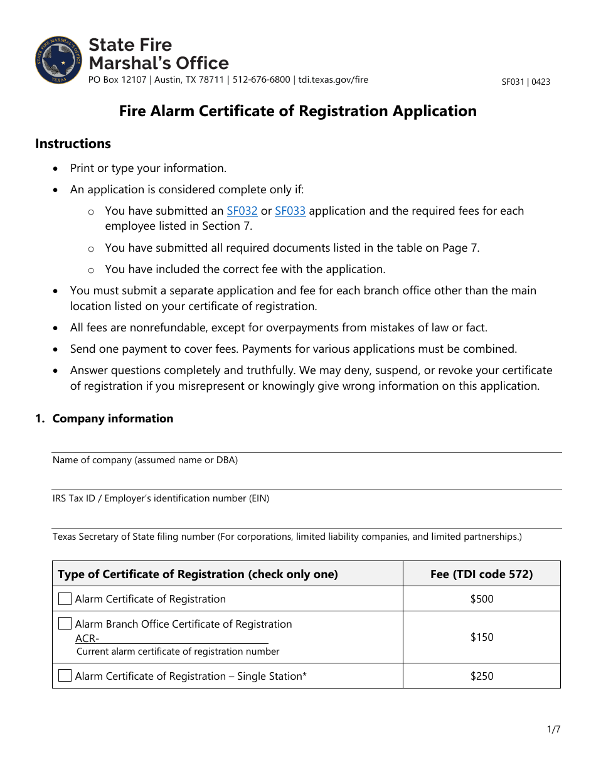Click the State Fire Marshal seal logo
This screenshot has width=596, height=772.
59,60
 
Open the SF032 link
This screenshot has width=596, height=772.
242,211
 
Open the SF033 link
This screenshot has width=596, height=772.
290,211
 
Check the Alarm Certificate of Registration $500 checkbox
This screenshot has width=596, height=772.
65,599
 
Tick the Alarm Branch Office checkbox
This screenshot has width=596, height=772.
65,624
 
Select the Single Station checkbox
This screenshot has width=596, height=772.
65,676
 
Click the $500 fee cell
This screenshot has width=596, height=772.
482,599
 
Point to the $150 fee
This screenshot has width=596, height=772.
482,637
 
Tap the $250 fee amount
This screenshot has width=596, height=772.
482,676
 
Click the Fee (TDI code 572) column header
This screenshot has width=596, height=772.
482,574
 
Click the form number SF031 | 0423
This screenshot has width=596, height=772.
526,82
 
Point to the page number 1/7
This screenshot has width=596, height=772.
553,729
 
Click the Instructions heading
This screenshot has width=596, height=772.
73,144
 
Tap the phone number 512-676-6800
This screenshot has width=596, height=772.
262,80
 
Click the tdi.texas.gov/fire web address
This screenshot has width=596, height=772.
333,80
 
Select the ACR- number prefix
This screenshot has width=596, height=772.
87,638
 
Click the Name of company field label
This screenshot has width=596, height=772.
145,460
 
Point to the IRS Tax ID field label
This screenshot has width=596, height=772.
161,498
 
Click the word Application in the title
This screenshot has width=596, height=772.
434,111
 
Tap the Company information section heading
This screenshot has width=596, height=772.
113,419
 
